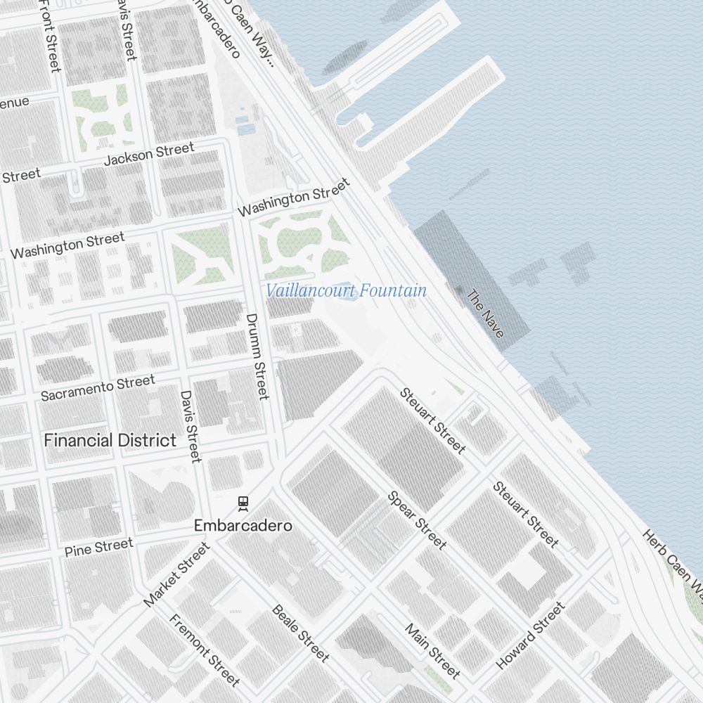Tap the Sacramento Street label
point(98,387)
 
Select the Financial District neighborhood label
point(110,441)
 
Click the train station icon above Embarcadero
point(243,503)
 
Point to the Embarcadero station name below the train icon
point(243,526)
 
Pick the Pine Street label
point(98,548)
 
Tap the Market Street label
point(176,574)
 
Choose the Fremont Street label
point(205,650)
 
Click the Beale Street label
point(300,633)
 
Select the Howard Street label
point(530,636)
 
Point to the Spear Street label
point(417,520)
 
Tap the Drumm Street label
point(257,356)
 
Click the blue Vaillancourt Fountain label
point(346,290)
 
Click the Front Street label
point(51,35)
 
